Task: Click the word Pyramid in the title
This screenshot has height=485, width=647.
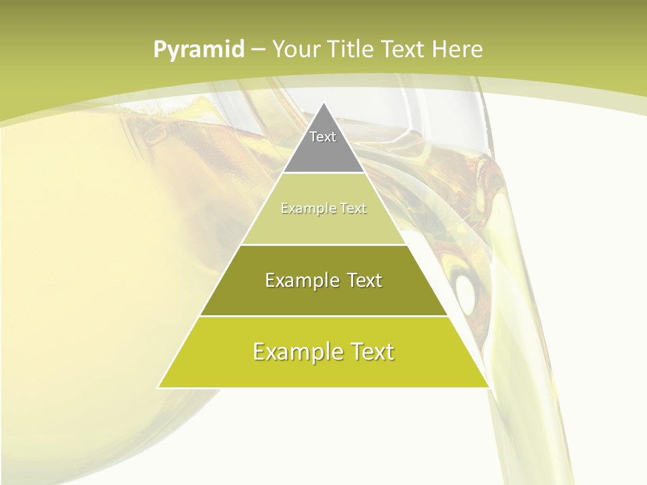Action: pos(199,49)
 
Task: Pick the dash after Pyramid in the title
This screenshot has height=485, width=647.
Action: pos(258,50)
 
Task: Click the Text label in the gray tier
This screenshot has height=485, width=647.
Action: pos(323,137)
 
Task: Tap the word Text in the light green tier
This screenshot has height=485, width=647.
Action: pos(353,208)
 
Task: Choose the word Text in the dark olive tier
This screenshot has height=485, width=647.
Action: pos(365,280)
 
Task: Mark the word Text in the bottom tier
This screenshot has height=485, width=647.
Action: pos(369,352)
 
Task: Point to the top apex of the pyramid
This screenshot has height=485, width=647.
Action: pos(323,102)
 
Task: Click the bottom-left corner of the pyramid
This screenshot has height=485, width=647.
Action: pos(158,387)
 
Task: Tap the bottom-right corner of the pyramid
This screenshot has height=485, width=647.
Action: pos(489,387)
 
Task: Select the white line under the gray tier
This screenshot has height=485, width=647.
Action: pos(323,173)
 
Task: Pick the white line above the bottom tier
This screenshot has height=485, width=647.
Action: pos(323,316)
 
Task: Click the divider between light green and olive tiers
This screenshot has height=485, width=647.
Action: pos(323,245)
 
